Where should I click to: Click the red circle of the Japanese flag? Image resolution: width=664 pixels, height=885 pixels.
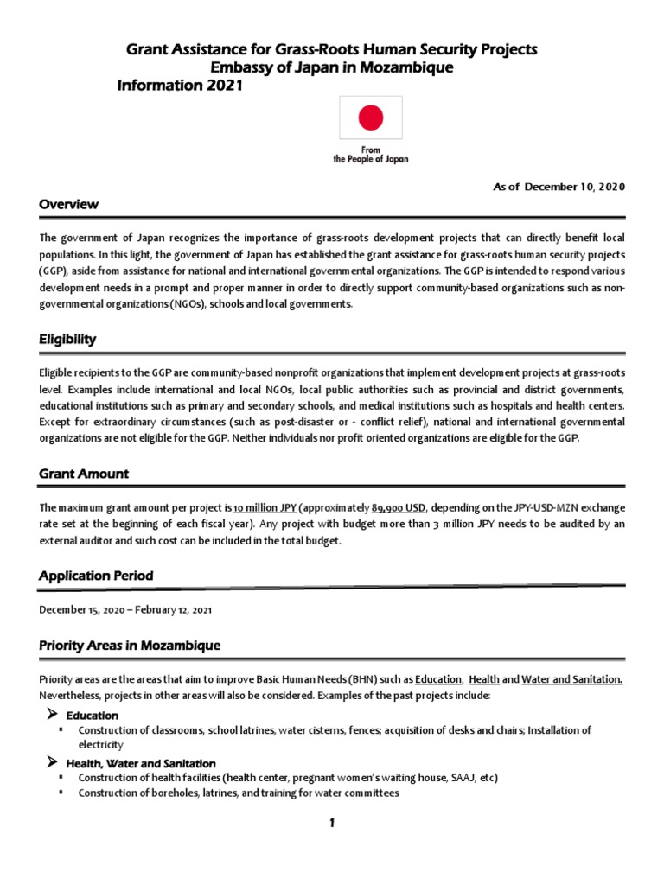pos(370,117)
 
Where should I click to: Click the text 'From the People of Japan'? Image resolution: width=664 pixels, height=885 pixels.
pos(371,155)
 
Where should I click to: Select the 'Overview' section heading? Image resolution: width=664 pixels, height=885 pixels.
pos(68,205)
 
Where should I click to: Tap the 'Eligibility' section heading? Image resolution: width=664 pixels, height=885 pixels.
pos(67,340)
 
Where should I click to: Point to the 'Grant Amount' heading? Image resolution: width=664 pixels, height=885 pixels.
pos(84,474)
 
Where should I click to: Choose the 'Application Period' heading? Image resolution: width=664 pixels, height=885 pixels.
pos(97,576)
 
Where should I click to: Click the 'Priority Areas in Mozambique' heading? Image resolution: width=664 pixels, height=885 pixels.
pos(130,646)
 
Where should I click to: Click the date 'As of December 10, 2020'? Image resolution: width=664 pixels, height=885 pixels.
pos(559,187)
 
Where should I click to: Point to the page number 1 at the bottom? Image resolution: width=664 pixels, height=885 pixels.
pos(331,824)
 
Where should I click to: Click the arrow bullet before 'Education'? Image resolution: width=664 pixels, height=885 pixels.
pos(51,715)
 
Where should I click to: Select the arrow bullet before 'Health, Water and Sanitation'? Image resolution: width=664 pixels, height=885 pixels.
pos(51,762)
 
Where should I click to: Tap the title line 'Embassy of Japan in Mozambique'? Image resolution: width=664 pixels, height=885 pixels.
pos(332,68)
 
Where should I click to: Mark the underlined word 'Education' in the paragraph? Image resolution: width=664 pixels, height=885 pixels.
pos(438,679)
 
